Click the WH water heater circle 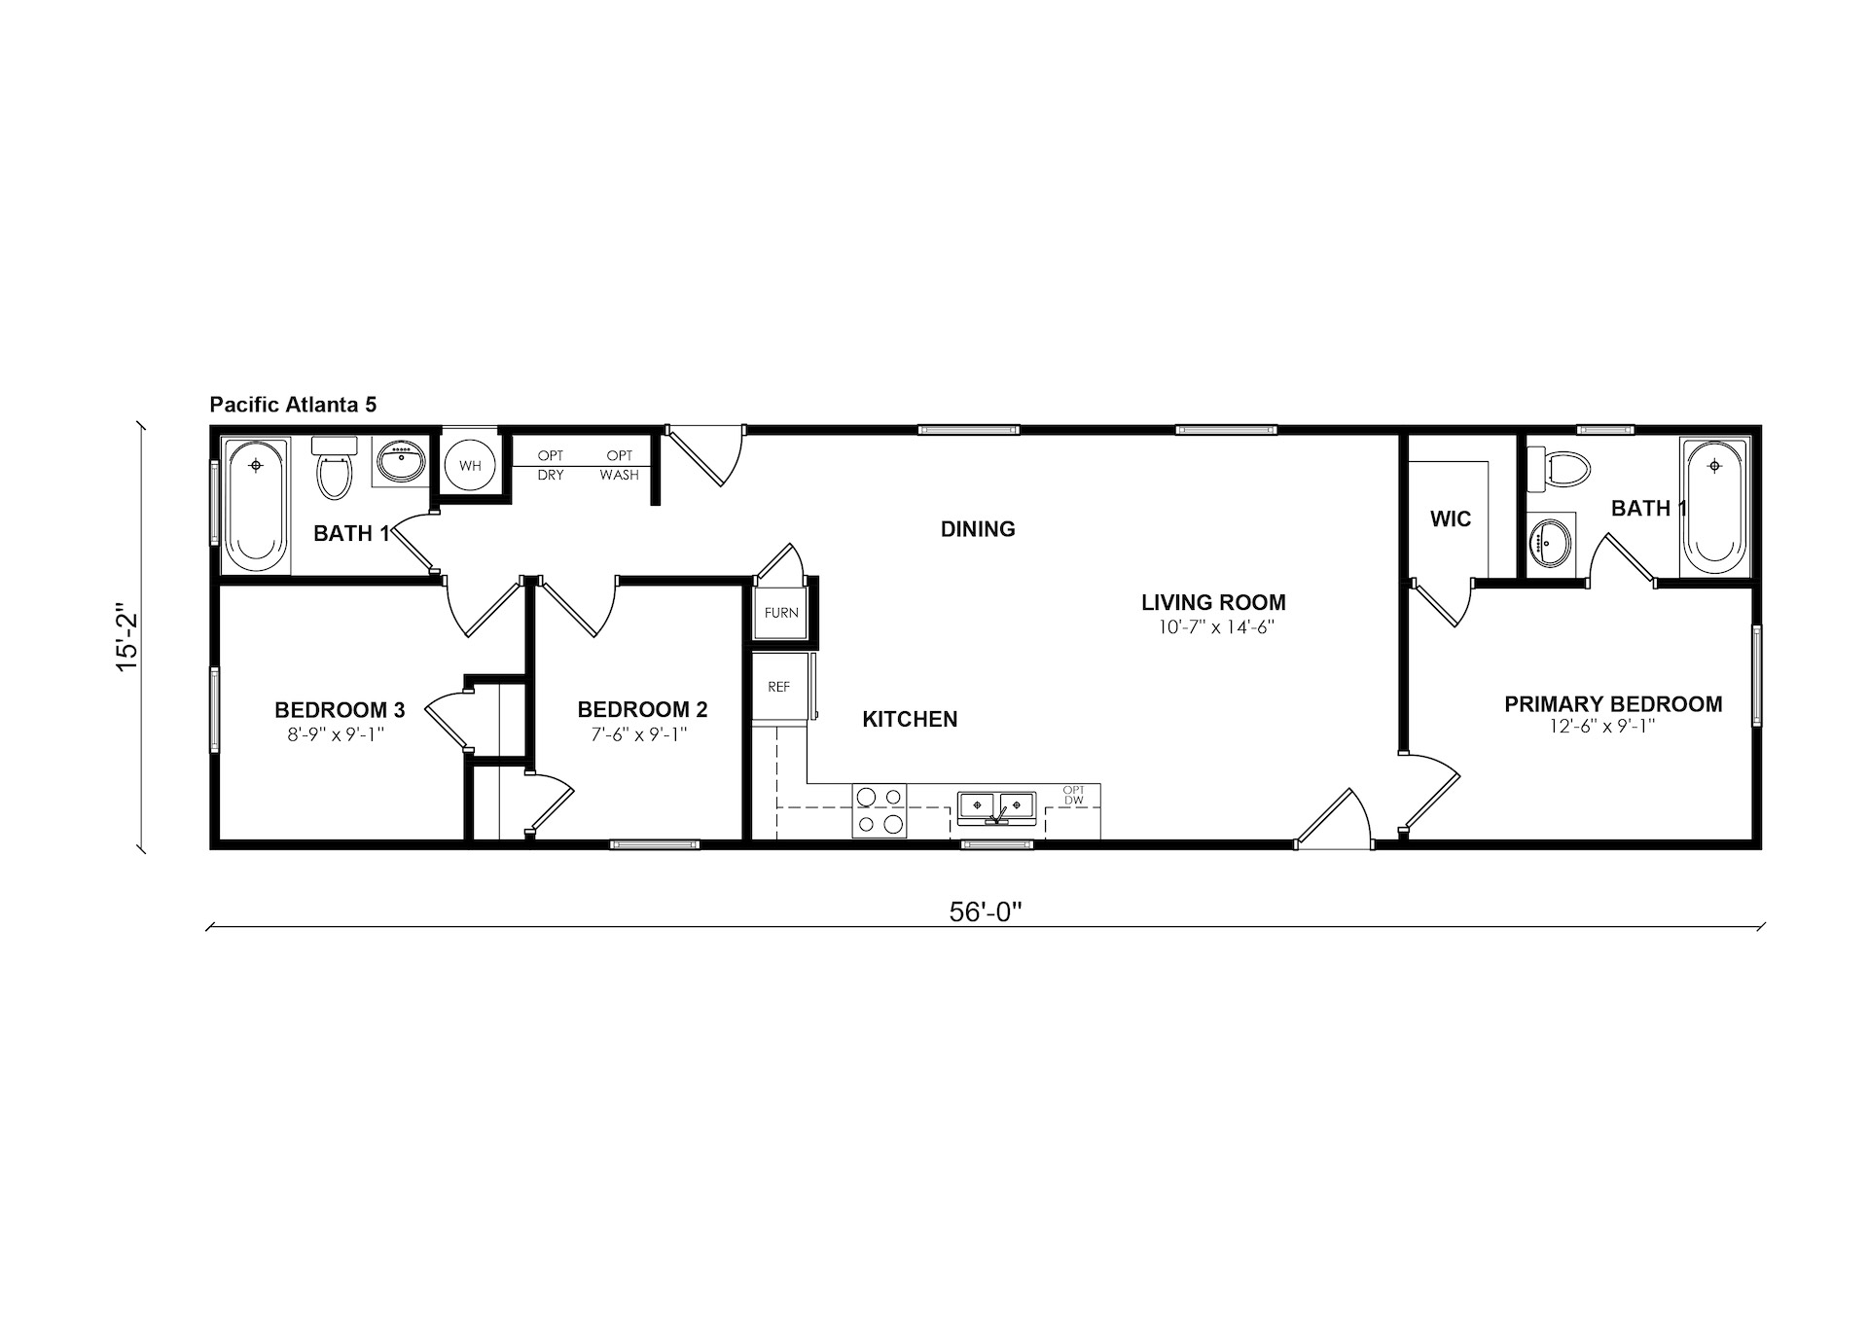(x=470, y=466)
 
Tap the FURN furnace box (x=781, y=613)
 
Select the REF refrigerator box (x=779, y=687)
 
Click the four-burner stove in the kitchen (x=880, y=810)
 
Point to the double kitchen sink (x=996, y=806)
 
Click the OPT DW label (x=1073, y=795)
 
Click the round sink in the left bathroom (x=401, y=462)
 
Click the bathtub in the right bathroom (x=1714, y=507)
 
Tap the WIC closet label (x=1451, y=519)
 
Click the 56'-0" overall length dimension (x=986, y=911)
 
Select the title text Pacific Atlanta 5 (x=293, y=405)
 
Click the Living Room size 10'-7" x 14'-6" (x=1215, y=627)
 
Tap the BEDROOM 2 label (x=642, y=710)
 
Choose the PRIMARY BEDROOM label (x=1613, y=704)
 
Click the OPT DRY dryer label (x=551, y=465)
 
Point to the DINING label (x=978, y=529)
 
